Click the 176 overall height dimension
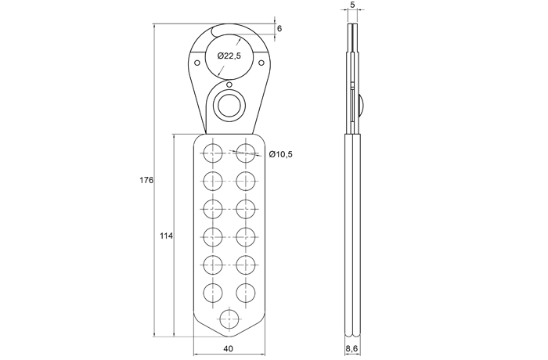[x=146, y=180]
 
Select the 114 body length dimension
[x=166, y=236]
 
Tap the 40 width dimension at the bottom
[x=229, y=348]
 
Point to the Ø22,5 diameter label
[x=229, y=56]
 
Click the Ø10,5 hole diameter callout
[x=280, y=154]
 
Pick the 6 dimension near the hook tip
[x=279, y=29]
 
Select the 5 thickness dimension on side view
[x=352, y=5]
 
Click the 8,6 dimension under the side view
[x=352, y=348]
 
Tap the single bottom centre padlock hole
[x=229, y=319]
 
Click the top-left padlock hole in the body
[x=212, y=153]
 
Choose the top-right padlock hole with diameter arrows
[x=245, y=153]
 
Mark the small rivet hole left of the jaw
[x=196, y=63]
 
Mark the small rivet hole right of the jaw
[x=261, y=63]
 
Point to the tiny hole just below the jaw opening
[x=229, y=85]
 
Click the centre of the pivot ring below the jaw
[x=229, y=105]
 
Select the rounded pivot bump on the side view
[x=362, y=105]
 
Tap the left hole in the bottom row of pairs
[x=212, y=293]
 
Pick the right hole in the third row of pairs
[x=245, y=209]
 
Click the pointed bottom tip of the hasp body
[x=229, y=337]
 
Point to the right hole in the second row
[x=245, y=181]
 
